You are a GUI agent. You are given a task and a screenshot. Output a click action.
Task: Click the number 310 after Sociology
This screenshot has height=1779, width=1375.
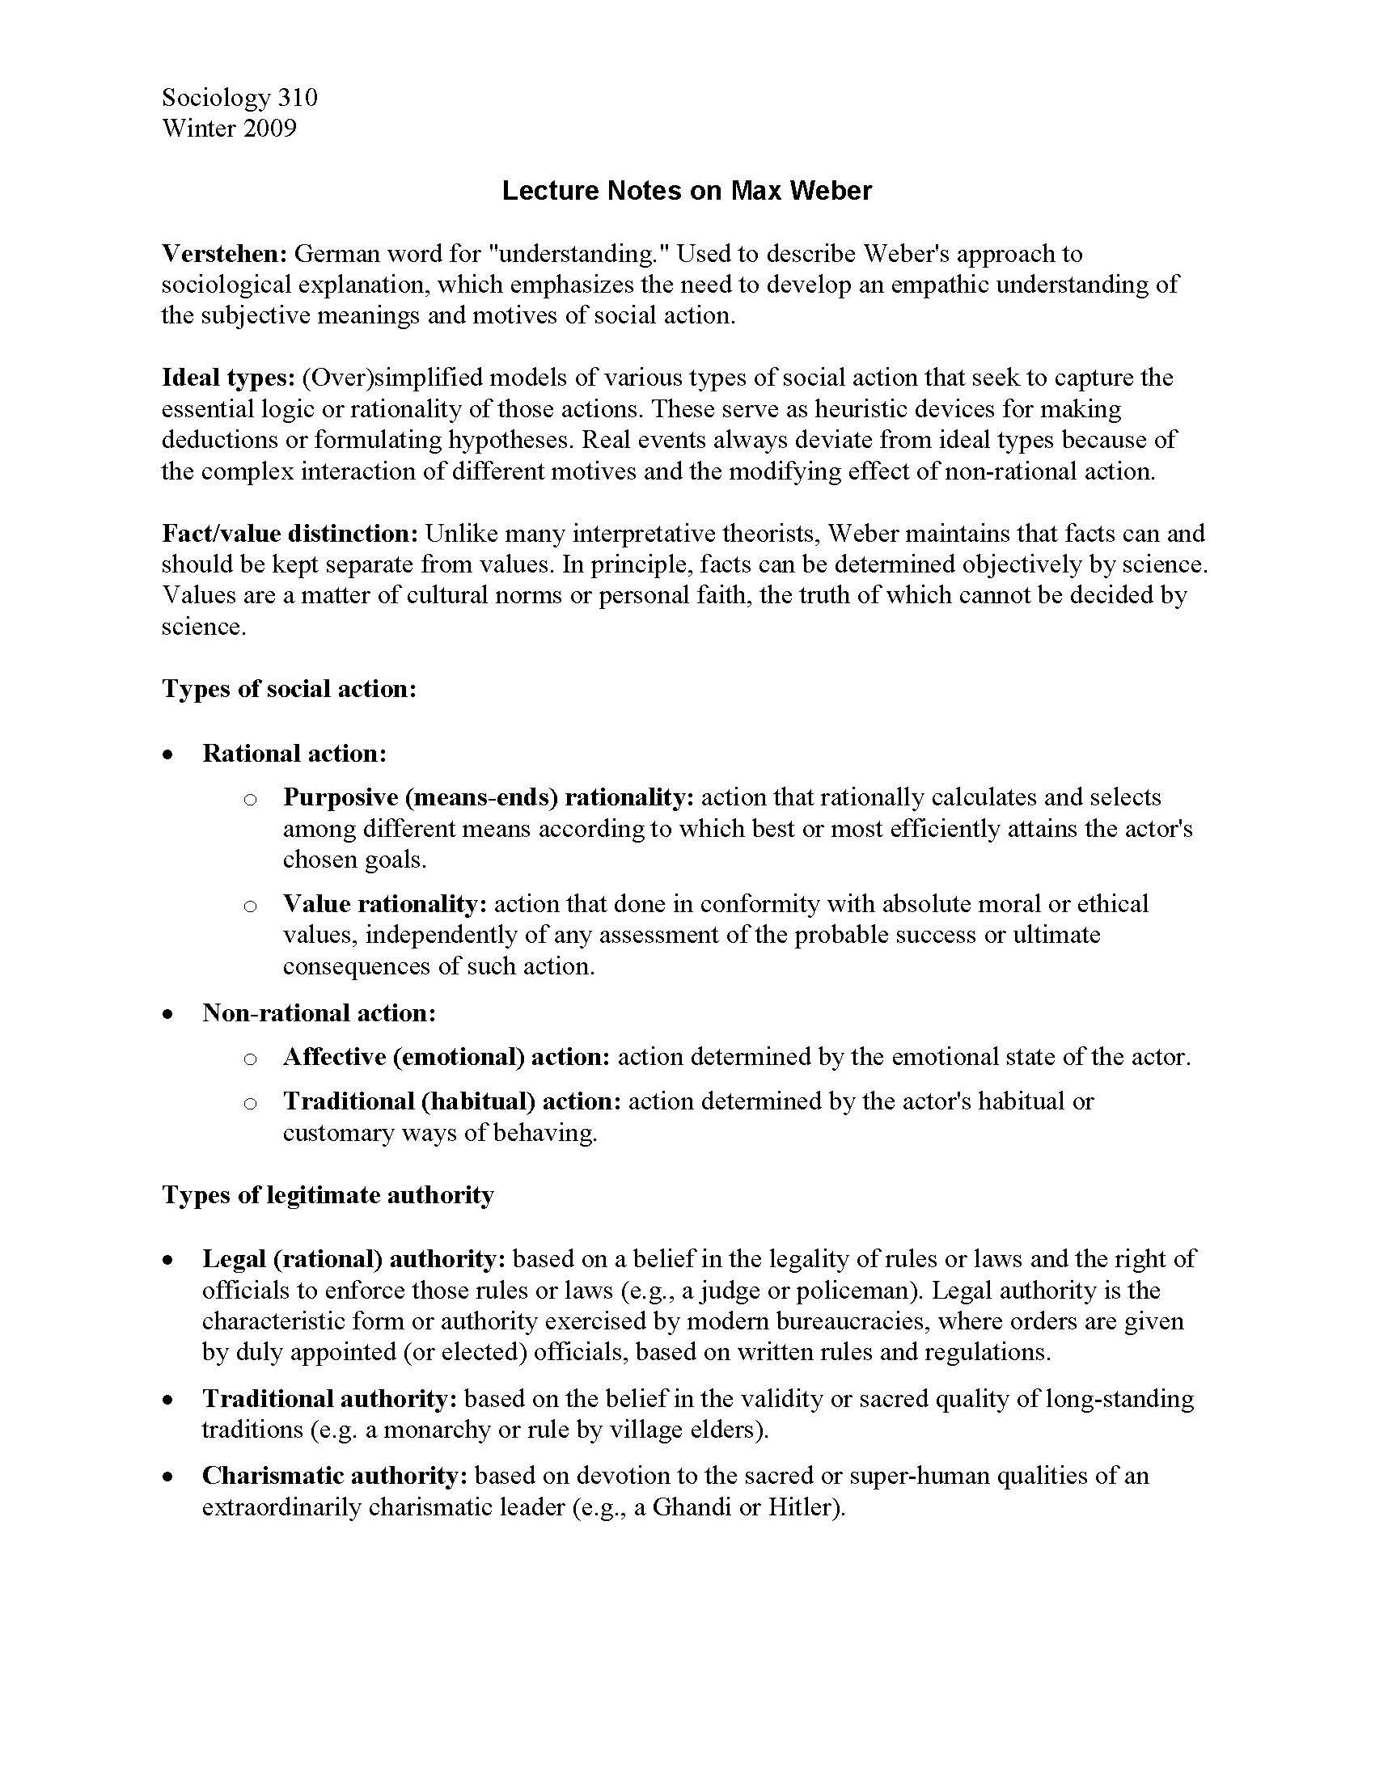tap(298, 98)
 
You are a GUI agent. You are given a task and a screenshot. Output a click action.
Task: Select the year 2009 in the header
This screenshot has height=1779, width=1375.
tap(268, 128)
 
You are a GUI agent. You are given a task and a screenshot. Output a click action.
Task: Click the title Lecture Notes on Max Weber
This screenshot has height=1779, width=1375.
tap(687, 191)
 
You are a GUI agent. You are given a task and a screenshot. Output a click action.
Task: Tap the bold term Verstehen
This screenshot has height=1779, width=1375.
tap(224, 254)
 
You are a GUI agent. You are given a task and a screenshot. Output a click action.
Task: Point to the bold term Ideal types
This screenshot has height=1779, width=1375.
tap(227, 378)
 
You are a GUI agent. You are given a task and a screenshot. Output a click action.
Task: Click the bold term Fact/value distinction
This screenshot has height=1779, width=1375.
tap(290, 534)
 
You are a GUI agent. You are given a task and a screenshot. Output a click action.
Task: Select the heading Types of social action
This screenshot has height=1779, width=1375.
tap(290, 689)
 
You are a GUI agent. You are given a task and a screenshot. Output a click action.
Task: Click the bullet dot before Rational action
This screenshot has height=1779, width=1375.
tap(168, 755)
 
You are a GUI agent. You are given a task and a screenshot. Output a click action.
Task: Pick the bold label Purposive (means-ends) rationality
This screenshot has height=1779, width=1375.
tap(488, 797)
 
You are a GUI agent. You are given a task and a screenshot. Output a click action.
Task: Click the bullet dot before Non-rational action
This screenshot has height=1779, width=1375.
tap(168, 1015)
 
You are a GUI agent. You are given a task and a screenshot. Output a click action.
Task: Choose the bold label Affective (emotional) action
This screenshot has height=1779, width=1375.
tap(446, 1058)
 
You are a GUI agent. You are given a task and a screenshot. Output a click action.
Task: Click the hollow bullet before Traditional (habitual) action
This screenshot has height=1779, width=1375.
tap(250, 1103)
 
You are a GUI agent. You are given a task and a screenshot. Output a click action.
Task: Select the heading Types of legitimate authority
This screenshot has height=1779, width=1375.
tap(328, 1195)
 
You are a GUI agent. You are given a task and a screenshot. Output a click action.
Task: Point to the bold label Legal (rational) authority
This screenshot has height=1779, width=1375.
tap(354, 1259)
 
